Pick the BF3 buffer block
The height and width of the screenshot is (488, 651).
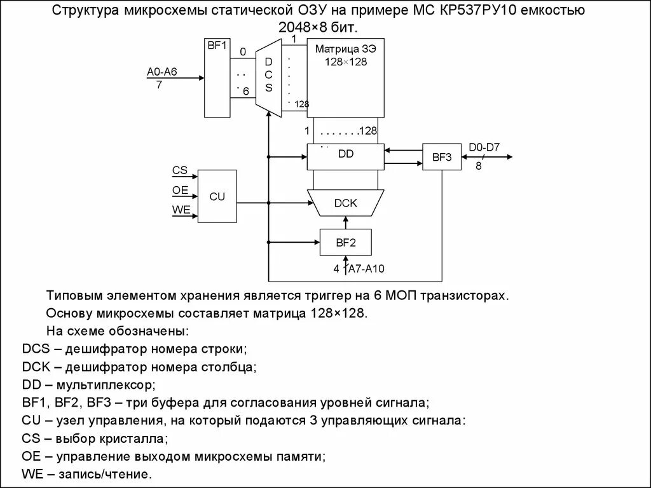(442, 157)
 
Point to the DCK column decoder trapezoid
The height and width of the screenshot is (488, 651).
(346, 203)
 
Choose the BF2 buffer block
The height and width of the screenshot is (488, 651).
(345, 241)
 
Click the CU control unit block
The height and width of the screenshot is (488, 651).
(217, 196)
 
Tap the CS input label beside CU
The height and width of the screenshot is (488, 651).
(180, 170)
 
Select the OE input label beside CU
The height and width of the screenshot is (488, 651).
(180, 190)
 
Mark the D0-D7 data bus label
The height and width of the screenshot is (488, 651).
(484, 148)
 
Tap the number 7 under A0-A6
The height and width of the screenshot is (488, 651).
(159, 85)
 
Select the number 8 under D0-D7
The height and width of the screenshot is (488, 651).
(479, 166)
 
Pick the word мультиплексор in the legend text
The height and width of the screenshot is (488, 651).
(106, 385)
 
